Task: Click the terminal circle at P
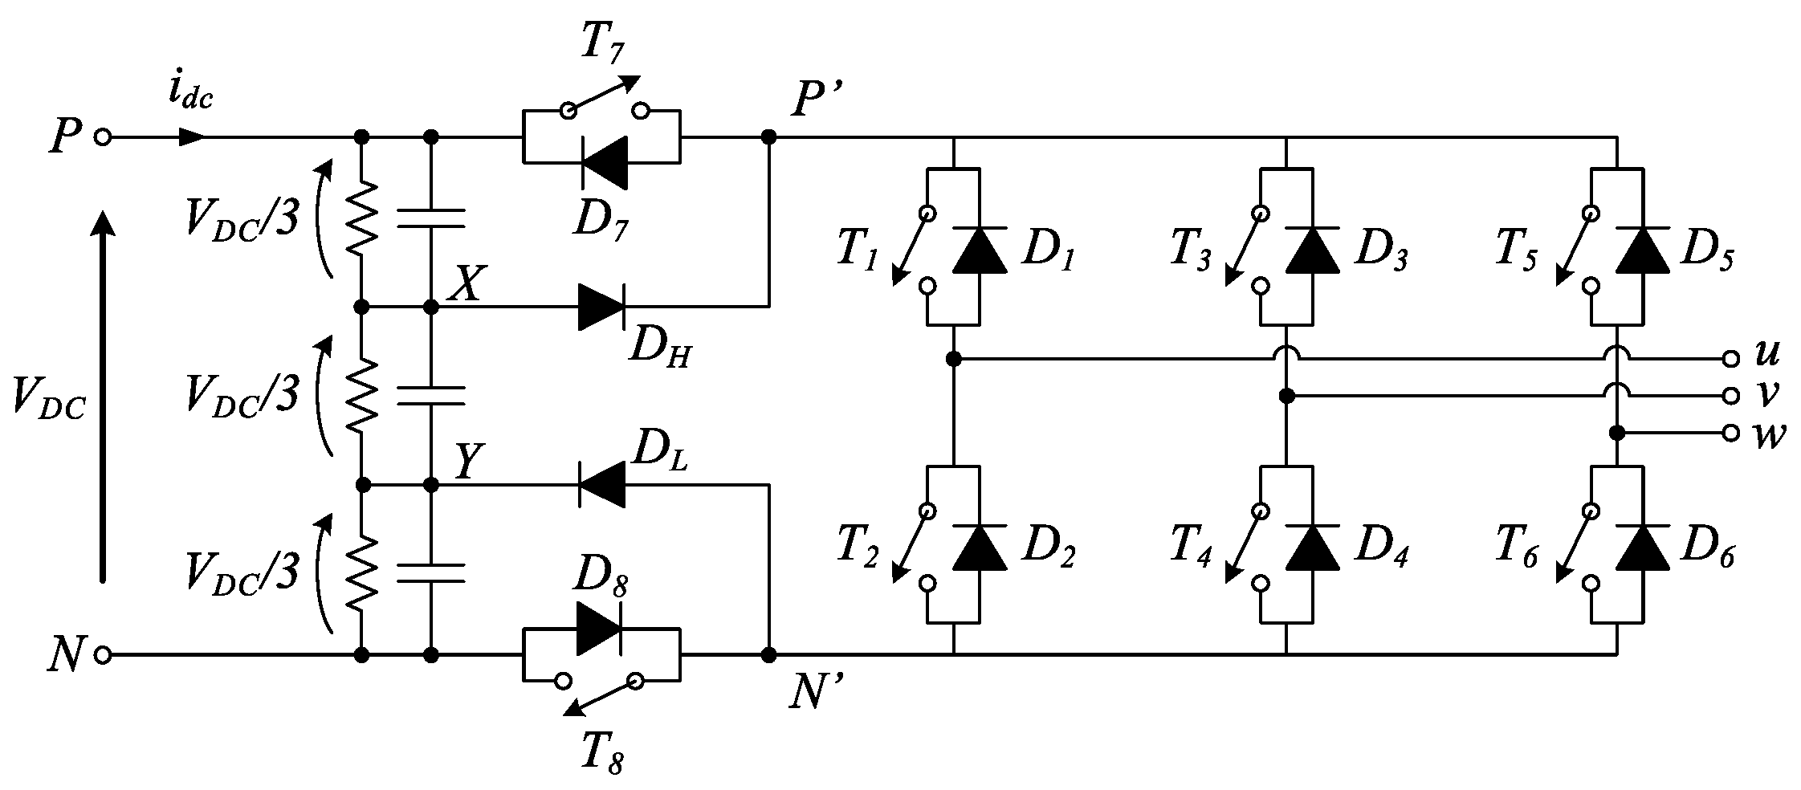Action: click(x=102, y=137)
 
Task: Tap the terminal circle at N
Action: click(x=102, y=655)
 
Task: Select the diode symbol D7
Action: click(x=603, y=163)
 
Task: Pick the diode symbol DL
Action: click(x=601, y=484)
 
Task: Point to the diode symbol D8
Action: click(x=599, y=627)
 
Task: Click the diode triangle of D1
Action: click(x=980, y=250)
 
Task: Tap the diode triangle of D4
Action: click(x=1312, y=547)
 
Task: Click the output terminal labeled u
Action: click(x=1730, y=359)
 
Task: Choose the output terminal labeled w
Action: click(x=1730, y=433)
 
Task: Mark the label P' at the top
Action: click(x=817, y=102)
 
